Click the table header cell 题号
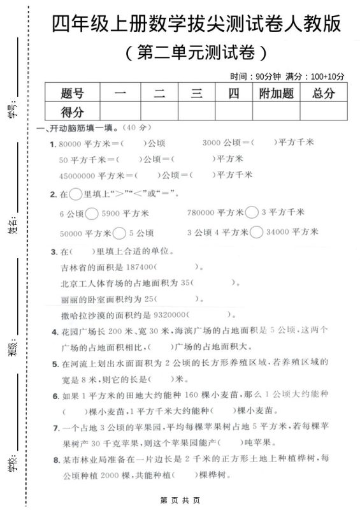[x=73, y=93]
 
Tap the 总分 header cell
[x=324, y=93]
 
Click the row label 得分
[x=73, y=112]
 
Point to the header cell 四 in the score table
[x=234, y=93]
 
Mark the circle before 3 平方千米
[x=252, y=212]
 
